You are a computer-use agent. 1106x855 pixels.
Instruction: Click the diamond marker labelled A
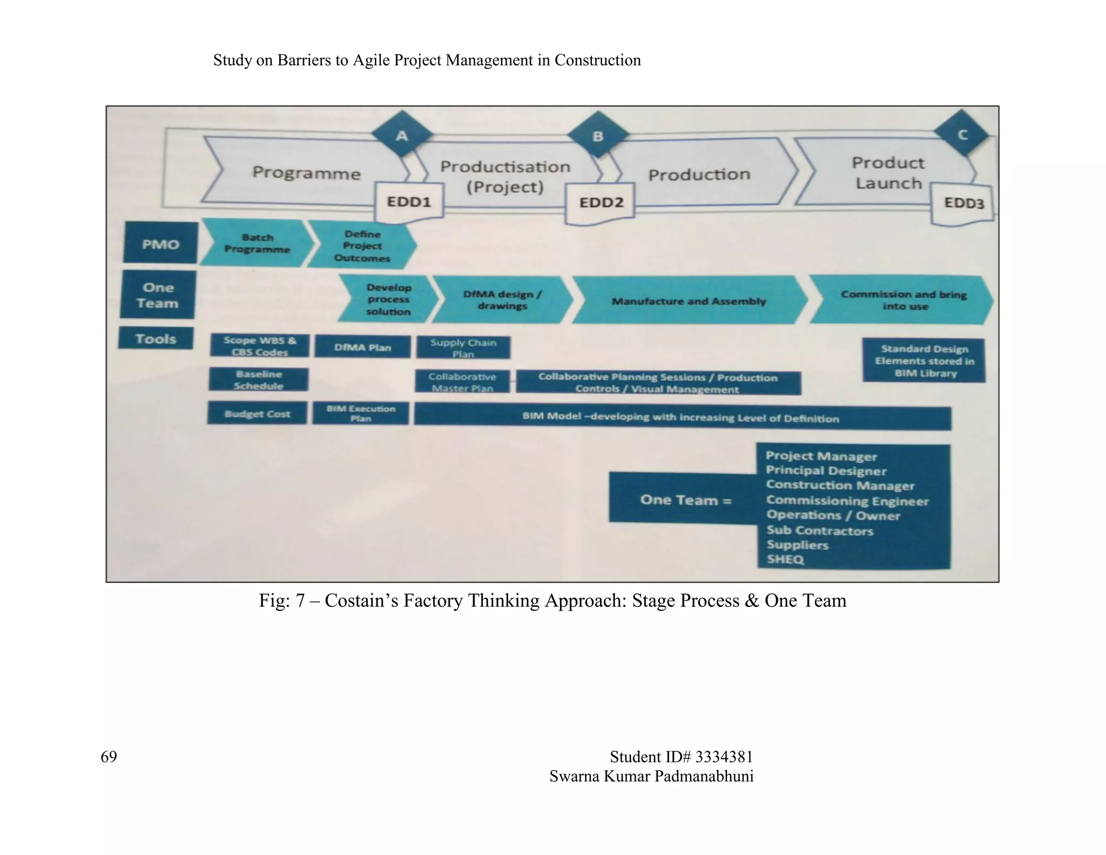(x=402, y=135)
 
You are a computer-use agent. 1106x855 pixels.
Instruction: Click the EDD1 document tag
(x=409, y=202)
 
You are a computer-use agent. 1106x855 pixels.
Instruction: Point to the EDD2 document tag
(x=601, y=203)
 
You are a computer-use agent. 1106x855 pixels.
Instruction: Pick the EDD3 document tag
(x=963, y=203)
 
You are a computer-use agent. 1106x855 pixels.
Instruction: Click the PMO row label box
(x=160, y=244)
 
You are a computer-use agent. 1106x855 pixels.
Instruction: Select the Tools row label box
(x=156, y=339)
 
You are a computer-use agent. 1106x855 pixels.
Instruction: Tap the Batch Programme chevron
(x=257, y=243)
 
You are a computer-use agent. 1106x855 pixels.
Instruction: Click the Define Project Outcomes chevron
(x=362, y=246)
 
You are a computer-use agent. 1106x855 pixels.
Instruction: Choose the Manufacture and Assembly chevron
(x=689, y=301)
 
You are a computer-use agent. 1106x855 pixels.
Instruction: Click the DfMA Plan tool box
(x=362, y=347)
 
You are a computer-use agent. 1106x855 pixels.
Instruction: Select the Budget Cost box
(x=257, y=413)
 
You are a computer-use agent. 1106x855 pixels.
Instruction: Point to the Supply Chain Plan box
(x=463, y=348)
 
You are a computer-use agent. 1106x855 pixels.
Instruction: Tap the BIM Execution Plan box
(x=361, y=413)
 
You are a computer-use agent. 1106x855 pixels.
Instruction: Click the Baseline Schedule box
(x=259, y=379)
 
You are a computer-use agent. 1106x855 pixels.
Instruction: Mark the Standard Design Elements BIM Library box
(x=924, y=360)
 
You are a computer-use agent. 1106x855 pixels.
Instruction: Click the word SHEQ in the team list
(x=785, y=559)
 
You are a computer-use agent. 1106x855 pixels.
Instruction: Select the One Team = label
(x=685, y=500)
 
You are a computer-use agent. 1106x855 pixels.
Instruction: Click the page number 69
(x=109, y=756)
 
